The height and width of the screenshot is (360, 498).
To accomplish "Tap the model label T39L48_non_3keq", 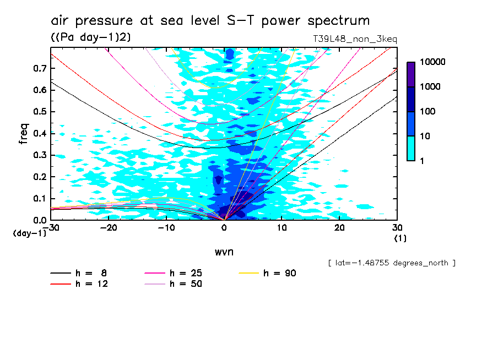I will point(355,39).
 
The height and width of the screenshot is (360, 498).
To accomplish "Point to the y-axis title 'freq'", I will point(24,133).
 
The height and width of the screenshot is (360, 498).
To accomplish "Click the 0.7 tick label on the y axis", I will point(38,68).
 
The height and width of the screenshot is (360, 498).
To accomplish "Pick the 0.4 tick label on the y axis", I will point(38,133).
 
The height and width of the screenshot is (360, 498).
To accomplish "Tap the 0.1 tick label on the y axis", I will point(38,198).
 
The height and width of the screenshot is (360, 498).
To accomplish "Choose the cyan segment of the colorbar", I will point(411,148).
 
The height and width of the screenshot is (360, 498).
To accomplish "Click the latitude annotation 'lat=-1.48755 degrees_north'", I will point(392,263).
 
